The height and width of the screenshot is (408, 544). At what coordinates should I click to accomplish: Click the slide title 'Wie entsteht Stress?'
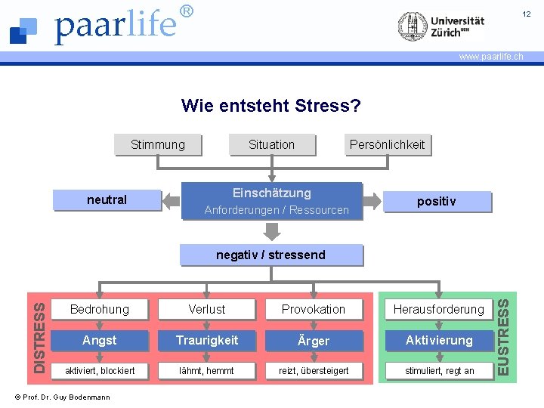tap(271, 106)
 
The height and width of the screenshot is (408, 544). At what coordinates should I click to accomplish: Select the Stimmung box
tap(157, 144)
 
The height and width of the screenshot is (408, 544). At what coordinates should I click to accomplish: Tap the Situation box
tap(271, 144)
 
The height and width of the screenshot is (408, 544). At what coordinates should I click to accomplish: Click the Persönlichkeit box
tap(387, 144)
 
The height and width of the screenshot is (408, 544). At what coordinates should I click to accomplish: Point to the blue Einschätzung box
tap(272, 201)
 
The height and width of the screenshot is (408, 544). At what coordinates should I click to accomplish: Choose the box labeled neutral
tap(107, 200)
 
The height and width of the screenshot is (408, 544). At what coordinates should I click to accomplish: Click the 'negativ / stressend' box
tap(271, 255)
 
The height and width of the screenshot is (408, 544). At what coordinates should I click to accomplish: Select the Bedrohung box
tap(100, 309)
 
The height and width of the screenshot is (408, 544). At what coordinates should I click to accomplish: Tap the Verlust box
tap(207, 309)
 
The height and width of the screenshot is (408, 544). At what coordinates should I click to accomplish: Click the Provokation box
tap(314, 309)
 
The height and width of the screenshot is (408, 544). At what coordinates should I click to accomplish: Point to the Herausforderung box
tap(439, 309)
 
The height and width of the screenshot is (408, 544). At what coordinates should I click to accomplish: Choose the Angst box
tap(100, 341)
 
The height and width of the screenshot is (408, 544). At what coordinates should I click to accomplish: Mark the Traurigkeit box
tap(207, 341)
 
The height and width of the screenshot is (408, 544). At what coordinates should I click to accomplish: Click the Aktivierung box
tap(439, 341)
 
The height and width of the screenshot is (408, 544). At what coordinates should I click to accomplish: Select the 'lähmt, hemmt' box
tap(207, 371)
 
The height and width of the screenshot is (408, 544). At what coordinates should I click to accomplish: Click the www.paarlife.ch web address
tap(491, 57)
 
